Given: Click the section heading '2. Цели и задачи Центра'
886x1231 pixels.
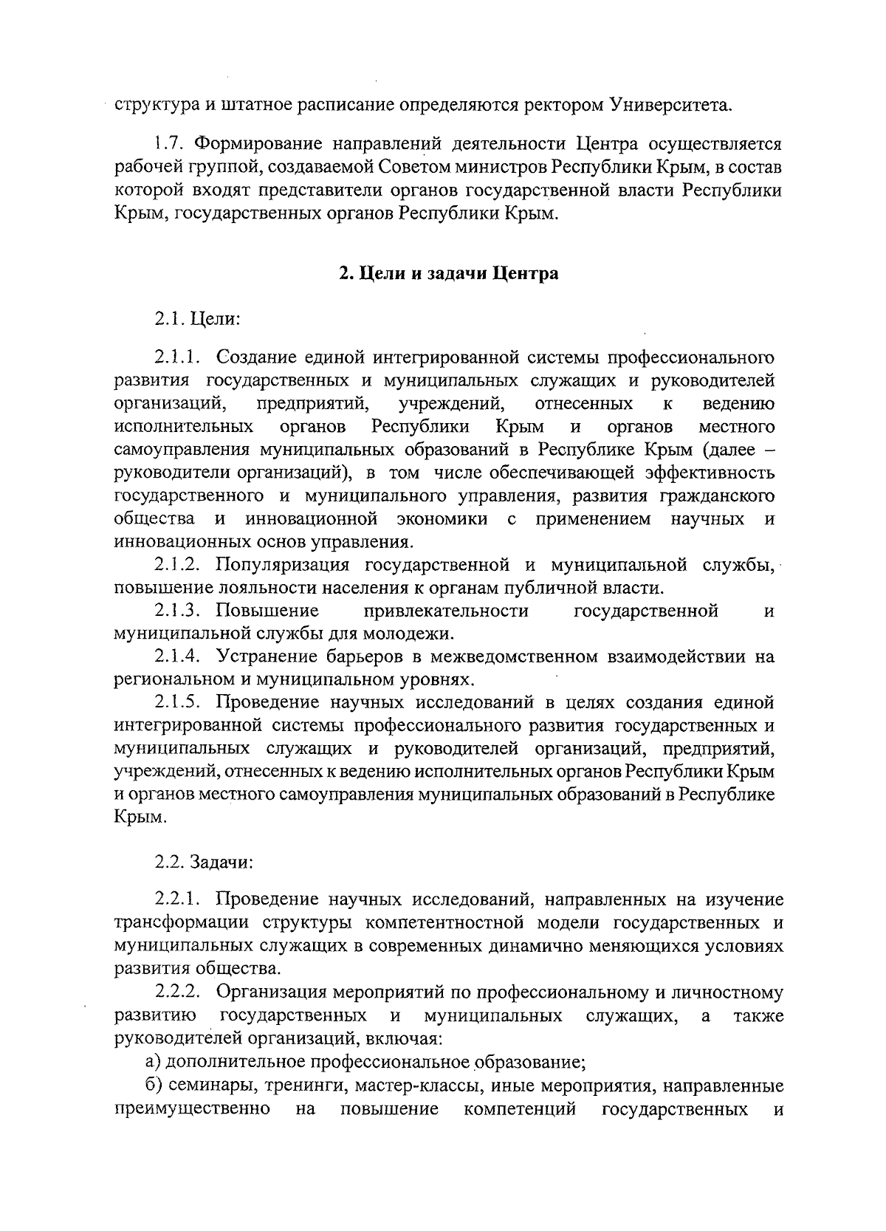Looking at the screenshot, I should click(x=449, y=274).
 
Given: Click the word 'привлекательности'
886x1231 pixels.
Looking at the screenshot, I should click(x=446, y=611).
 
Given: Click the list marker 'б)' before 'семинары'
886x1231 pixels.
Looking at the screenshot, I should click(x=153, y=1086).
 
